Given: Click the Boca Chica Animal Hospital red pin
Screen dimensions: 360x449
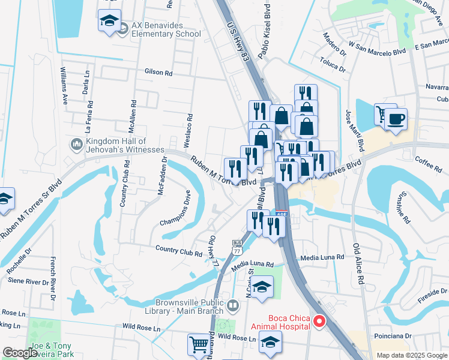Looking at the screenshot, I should (x=319, y=322).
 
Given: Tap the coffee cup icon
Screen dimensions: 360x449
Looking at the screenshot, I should (x=397, y=118).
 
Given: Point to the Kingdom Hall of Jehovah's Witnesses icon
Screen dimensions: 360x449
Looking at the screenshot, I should (x=76, y=145).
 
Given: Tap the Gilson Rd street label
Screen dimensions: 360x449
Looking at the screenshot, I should (x=158, y=72).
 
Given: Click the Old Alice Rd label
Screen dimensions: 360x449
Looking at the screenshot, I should (x=358, y=263).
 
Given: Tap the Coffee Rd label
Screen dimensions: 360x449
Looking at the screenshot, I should (x=428, y=163).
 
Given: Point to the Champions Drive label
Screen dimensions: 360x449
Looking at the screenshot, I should (x=176, y=208).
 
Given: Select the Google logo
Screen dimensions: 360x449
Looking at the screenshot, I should (x=20, y=353).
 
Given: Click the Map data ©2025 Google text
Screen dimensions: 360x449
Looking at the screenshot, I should (x=411, y=355).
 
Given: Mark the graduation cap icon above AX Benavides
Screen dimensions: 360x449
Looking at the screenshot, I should (x=109, y=20).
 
